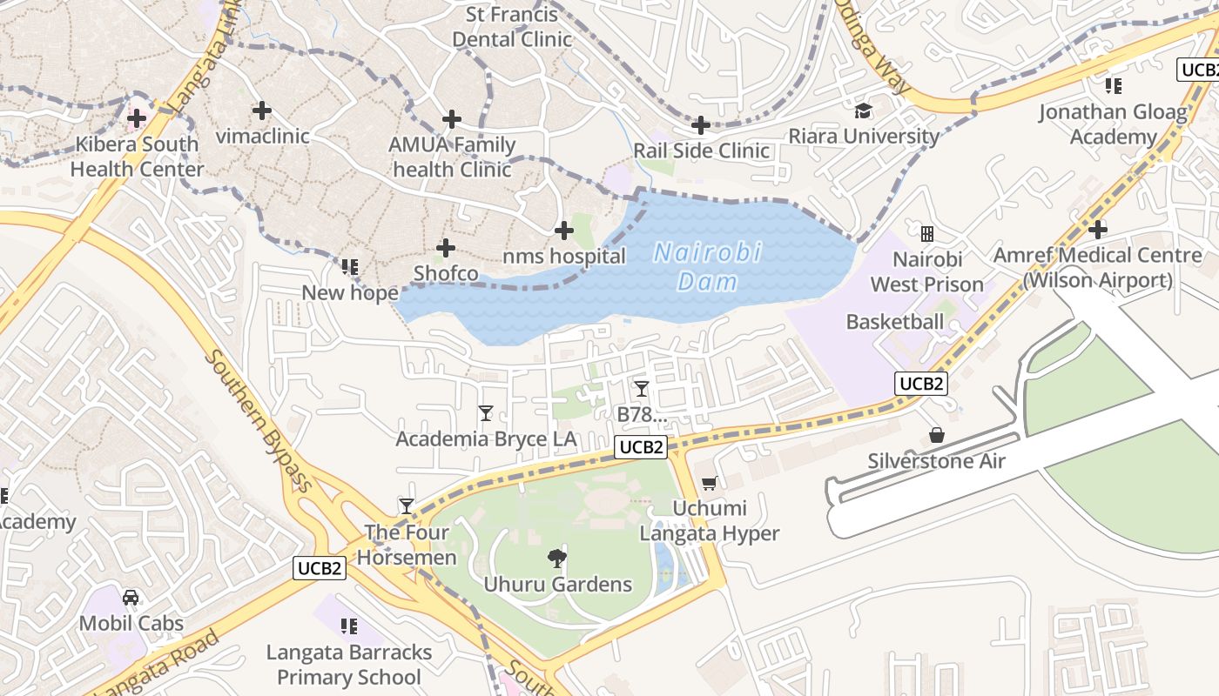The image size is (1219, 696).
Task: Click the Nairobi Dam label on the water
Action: pyautogui.click(x=707, y=267)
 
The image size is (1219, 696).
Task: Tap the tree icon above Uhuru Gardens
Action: pyautogui.click(x=557, y=558)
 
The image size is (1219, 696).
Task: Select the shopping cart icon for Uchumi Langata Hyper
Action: pyautogui.click(x=710, y=483)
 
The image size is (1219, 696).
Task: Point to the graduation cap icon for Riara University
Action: pyautogui.click(x=863, y=110)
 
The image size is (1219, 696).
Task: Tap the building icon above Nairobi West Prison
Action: pyautogui.click(x=927, y=233)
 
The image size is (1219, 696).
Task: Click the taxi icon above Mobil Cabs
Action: pyautogui.click(x=131, y=598)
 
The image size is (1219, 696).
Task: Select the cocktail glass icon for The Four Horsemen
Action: pyautogui.click(x=406, y=505)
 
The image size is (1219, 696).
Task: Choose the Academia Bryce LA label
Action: pyautogui.click(x=486, y=438)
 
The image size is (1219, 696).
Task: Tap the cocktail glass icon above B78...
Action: pyautogui.click(x=642, y=388)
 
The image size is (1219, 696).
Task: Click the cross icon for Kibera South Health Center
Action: pyautogui.click(x=137, y=118)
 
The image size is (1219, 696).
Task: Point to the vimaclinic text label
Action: pyautogui.click(x=262, y=136)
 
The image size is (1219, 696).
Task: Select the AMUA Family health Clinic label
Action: pyautogui.click(x=452, y=157)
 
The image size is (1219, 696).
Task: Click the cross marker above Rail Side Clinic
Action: pyautogui.click(x=701, y=125)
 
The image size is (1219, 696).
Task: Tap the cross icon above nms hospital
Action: pyautogui.click(x=564, y=231)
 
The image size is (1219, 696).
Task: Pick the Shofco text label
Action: pyautogui.click(x=446, y=273)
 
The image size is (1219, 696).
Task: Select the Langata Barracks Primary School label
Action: pyautogui.click(x=349, y=665)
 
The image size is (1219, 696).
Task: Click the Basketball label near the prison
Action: pyautogui.click(x=895, y=322)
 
